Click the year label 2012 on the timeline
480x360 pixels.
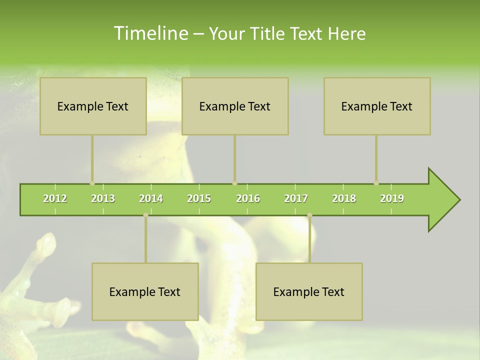pos(55,198)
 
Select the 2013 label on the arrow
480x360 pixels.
pos(103,198)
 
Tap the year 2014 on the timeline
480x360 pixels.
pos(151,198)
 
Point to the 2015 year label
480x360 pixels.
pos(199,198)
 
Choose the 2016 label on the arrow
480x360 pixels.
pos(248,198)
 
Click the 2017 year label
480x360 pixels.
pos(296,198)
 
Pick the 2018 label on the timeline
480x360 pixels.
pos(344,198)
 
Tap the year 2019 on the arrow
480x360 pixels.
pos(392,198)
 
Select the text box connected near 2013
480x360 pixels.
pos(93,106)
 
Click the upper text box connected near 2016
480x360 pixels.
pos(235,106)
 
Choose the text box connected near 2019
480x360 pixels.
pos(377,106)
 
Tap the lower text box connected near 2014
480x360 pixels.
pos(145,291)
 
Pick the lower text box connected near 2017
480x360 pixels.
pos(309,291)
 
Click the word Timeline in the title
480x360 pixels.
pos(150,33)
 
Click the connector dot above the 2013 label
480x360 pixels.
pos(92,183)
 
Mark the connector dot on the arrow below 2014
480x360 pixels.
pos(145,215)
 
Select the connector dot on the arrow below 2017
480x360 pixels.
pos(309,215)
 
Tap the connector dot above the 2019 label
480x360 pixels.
pos(376,183)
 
